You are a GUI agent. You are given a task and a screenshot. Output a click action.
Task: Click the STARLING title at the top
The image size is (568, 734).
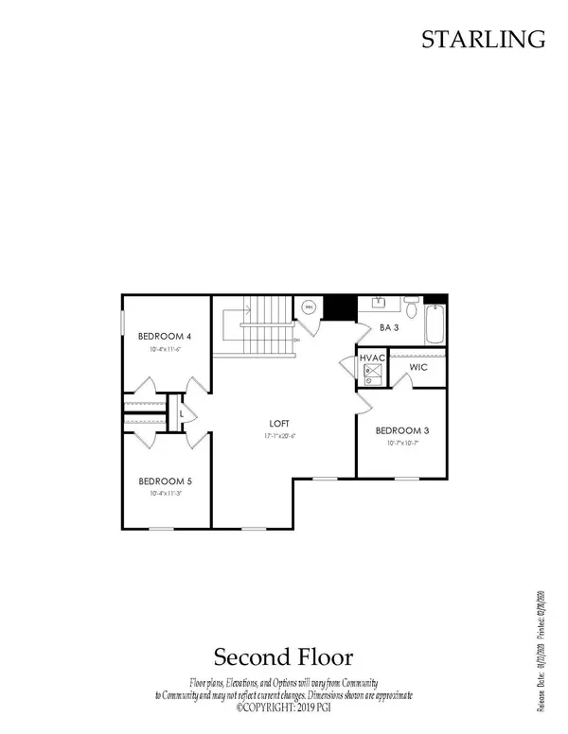(x=483, y=39)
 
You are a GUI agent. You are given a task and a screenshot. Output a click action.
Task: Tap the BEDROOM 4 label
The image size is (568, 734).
(x=165, y=336)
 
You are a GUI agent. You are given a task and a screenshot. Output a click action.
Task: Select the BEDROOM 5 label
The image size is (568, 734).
(x=165, y=480)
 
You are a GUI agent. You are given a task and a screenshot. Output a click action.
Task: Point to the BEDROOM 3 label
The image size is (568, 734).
(x=401, y=430)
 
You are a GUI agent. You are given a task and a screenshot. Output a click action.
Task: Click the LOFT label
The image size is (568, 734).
(x=278, y=423)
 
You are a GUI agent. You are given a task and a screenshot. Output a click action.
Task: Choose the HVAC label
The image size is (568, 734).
(x=370, y=359)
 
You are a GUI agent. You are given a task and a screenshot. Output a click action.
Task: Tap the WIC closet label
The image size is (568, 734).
(x=420, y=365)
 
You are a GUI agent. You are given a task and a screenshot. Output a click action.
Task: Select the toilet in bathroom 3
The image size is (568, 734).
(x=411, y=308)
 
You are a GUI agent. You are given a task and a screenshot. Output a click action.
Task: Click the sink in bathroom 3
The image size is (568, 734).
(x=379, y=305)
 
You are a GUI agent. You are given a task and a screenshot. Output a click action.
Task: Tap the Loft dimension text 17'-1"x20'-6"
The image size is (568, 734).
(x=278, y=435)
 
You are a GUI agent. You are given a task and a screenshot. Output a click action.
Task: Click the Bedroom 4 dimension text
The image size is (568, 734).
(x=165, y=349)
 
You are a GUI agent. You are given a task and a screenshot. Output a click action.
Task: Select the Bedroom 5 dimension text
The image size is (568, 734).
(x=165, y=493)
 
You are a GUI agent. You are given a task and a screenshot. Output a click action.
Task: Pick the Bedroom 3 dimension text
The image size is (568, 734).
(x=401, y=443)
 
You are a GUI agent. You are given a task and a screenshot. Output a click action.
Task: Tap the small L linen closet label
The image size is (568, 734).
(x=181, y=412)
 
